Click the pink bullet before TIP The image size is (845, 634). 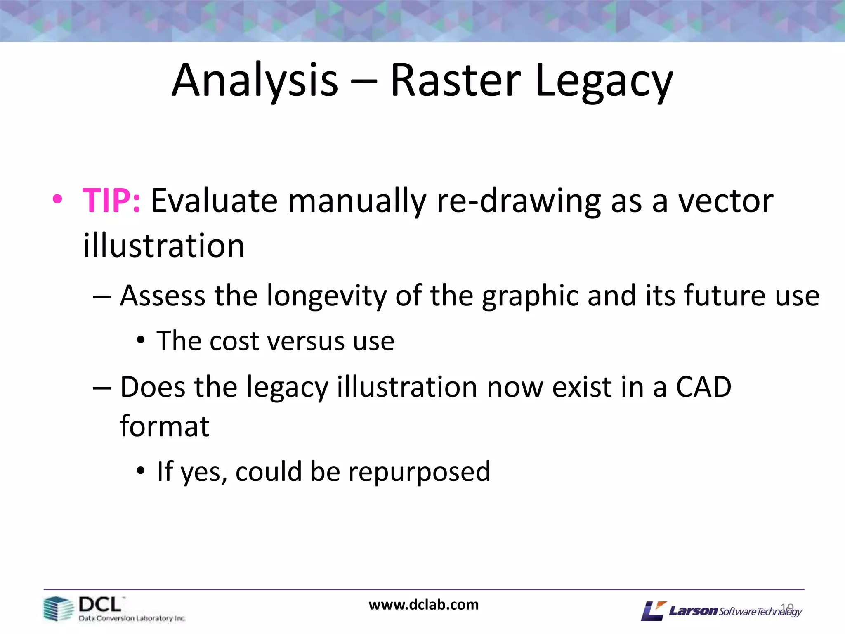57,199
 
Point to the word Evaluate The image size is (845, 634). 214,201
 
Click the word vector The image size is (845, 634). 726,201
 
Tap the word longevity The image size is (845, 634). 326,296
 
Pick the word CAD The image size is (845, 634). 703,387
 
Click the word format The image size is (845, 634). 165,426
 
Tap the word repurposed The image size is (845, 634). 419,472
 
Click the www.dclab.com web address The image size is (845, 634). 423,605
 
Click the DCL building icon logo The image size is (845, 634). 57,609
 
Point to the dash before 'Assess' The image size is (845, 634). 102,297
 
